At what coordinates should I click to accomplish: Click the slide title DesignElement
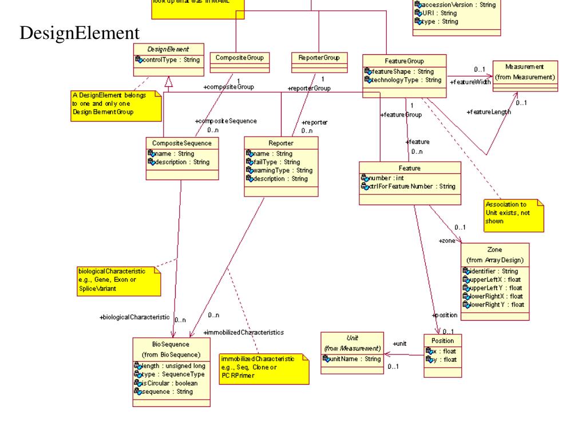pyautogui.click(x=79, y=33)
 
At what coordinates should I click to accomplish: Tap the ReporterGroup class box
pyautogui.click(x=319, y=58)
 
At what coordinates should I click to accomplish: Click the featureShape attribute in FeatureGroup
pyautogui.click(x=402, y=71)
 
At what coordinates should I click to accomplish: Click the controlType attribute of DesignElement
pyautogui.click(x=171, y=59)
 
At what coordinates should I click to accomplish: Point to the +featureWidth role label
pyautogui.click(x=471, y=82)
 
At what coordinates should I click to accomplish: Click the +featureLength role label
pyautogui.click(x=489, y=111)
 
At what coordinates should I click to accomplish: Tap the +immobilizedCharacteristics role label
pyautogui.click(x=244, y=332)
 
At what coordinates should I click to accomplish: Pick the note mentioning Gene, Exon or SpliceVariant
pyautogui.click(x=118, y=280)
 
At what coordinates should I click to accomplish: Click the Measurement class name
pyautogui.click(x=524, y=67)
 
